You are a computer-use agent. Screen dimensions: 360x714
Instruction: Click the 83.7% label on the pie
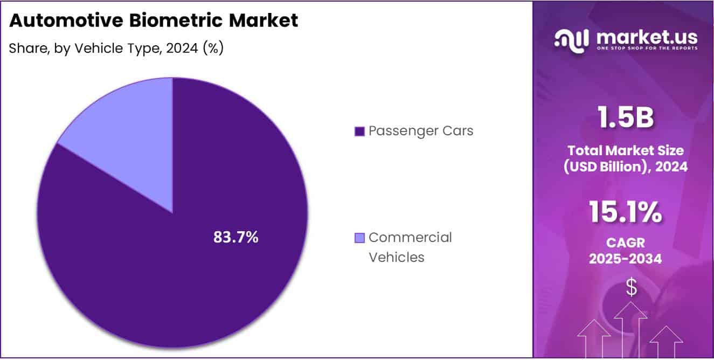(x=236, y=237)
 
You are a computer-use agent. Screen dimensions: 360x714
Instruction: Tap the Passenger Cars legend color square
(x=359, y=131)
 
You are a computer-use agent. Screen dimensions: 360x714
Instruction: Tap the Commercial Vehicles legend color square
(x=359, y=238)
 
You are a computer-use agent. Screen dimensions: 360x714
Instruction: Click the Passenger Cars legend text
(x=421, y=131)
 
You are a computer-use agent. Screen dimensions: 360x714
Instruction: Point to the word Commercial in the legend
(x=410, y=238)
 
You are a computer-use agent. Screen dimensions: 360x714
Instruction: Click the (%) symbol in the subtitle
(x=214, y=49)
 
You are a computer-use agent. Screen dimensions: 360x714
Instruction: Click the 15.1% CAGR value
(x=625, y=212)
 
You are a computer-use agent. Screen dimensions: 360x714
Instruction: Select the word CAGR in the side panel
(x=625, y=243)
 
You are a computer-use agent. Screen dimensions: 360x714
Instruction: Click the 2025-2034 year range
(x=625, y=259)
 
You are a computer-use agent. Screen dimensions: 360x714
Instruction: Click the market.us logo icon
(x=572, y=40)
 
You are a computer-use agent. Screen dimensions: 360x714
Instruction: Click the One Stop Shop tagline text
(x=647, y=49)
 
